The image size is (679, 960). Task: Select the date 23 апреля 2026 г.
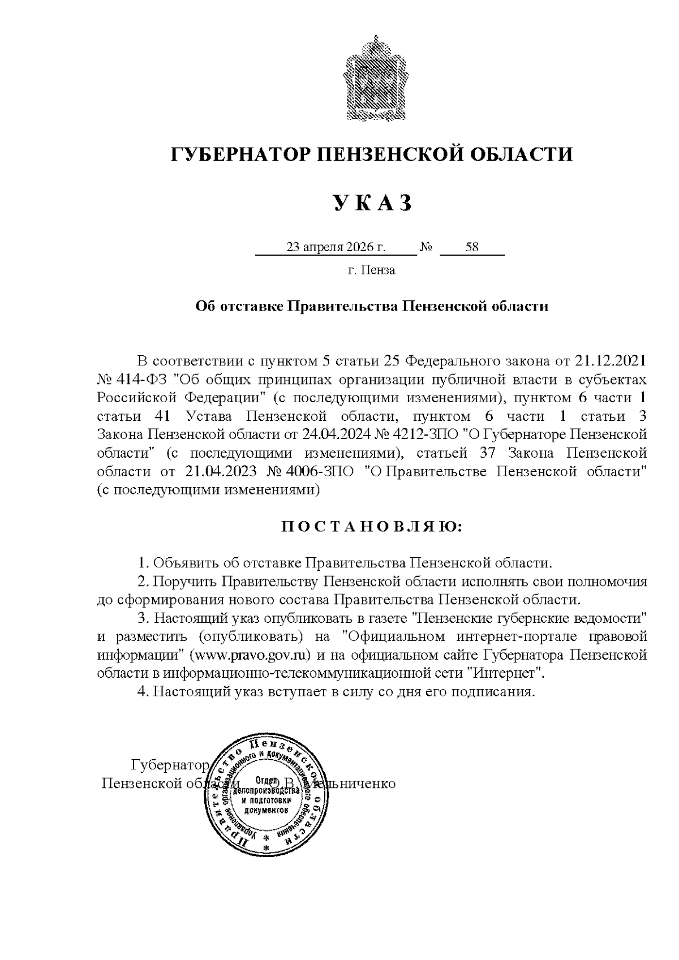(336, 247)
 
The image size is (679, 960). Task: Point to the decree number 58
(471, 247)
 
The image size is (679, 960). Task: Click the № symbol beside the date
(427, 248)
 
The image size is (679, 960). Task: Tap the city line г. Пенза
(371, 270)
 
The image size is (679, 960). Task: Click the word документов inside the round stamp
(266, 810)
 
